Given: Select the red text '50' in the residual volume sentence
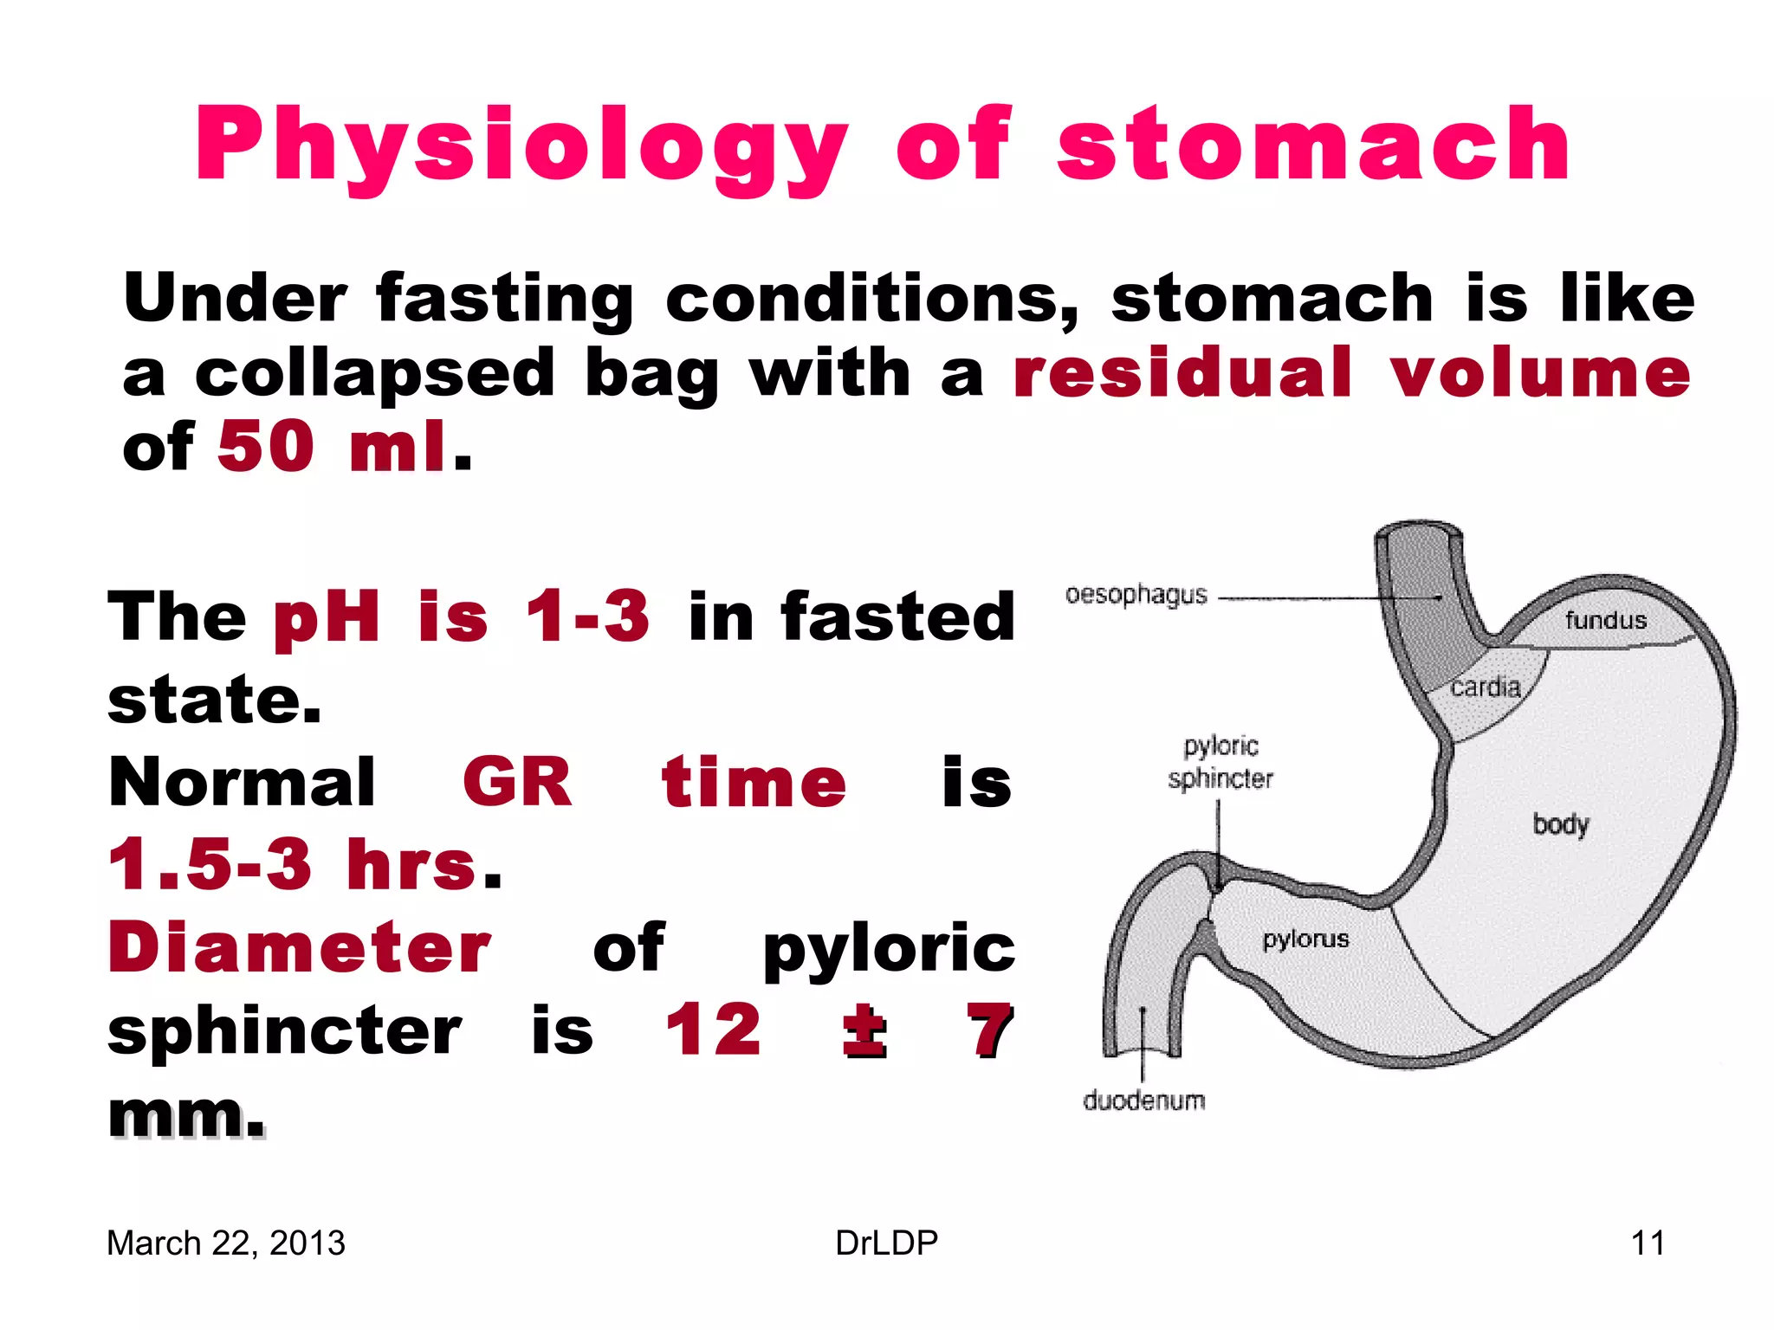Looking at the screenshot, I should pos(265,447).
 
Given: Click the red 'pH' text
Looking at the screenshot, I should pos(327,617).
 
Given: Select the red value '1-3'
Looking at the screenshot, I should pos(587,617).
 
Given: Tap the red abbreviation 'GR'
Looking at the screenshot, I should pos(517,782).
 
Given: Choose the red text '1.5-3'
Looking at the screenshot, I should pos(210,864).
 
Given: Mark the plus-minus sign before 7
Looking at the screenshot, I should pos(864,1030).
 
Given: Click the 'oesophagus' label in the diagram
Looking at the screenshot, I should pos(1136,596).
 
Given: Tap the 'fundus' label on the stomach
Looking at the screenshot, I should pos(1605,620).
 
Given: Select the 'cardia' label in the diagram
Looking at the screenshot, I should pos(1486,688).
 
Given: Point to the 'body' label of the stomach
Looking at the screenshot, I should pos(1561,823).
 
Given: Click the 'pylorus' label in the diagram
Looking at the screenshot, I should pos(1305,939).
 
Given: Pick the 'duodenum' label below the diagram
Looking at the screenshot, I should pos(1143,1101).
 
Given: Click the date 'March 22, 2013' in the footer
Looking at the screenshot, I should pos(226,1243).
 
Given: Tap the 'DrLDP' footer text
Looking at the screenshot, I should pos(886,1243).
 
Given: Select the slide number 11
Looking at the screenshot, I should pos(1648,1243).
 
